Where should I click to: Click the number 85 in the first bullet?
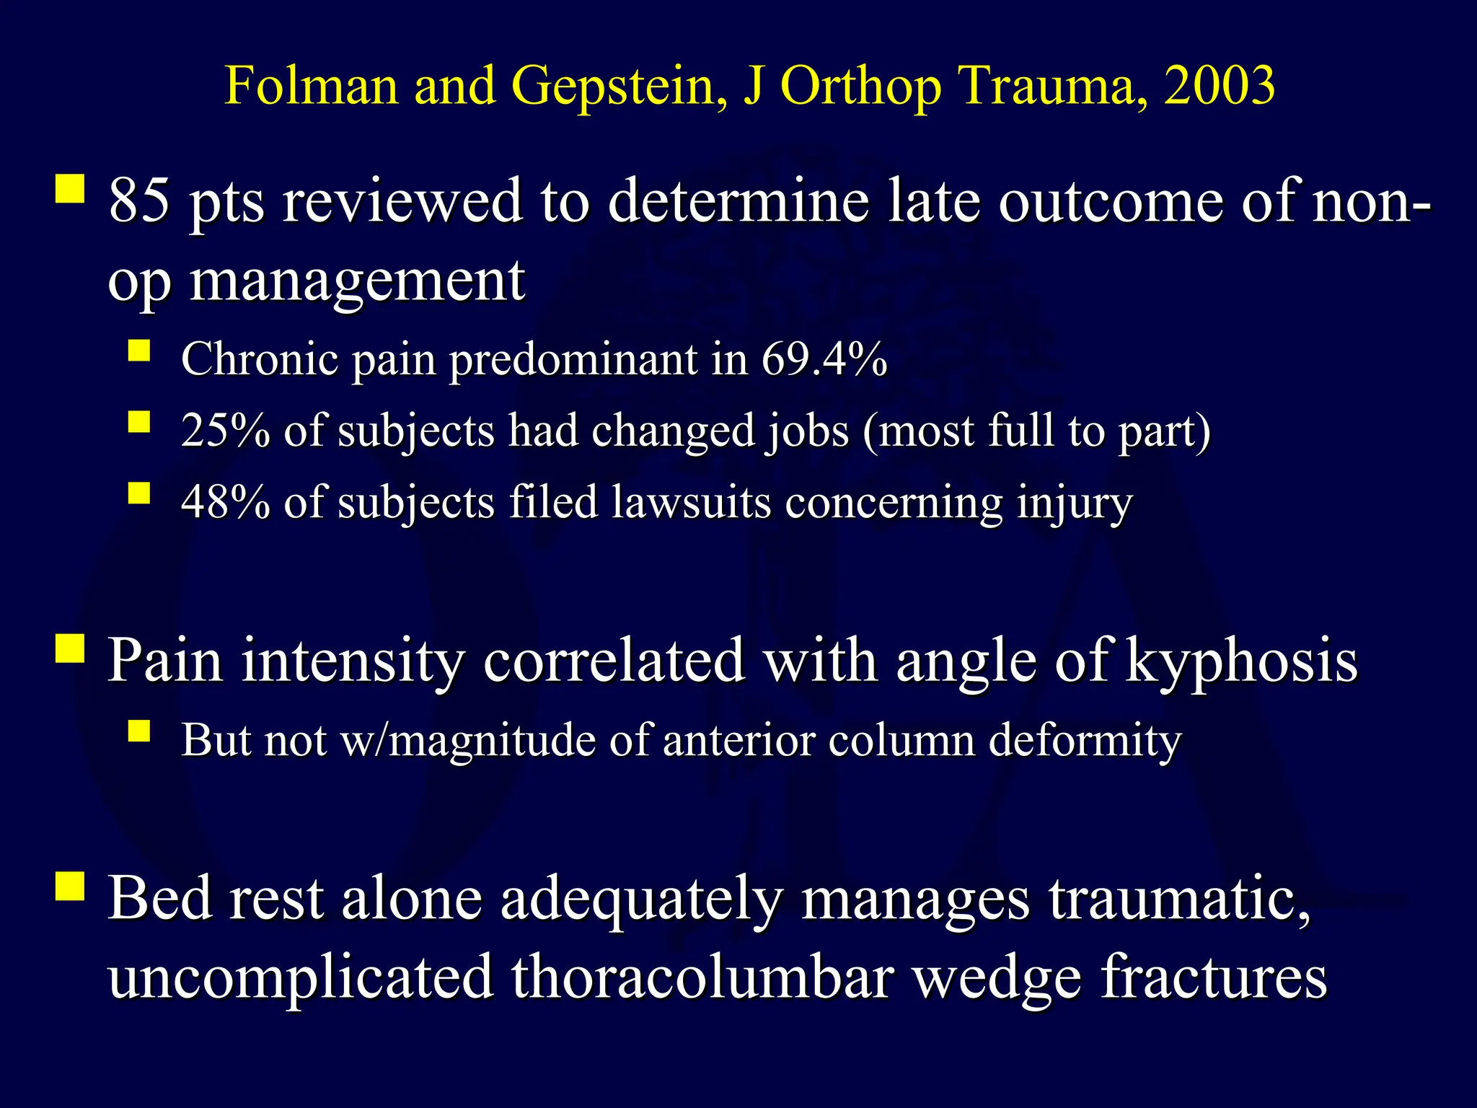pyautogui.click(x=139, y=201)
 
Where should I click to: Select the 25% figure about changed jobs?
pyautogui.click(x=225, y=431)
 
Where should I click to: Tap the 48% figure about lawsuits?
pyautogui.click(x=225, y=503)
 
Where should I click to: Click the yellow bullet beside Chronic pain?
pyautogui.click(x=139, y=351)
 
